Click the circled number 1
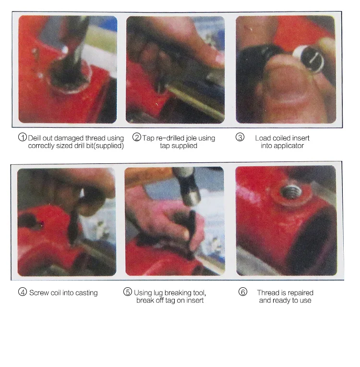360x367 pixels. pos(23,137)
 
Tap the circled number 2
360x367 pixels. pos(137,137)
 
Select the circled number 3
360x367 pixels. pos(240,137)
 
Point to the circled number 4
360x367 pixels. pos(23,292)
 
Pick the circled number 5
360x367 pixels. pos(128,292)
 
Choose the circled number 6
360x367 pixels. pos(243,292)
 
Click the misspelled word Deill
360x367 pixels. pos(35,138)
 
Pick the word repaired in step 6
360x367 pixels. pos(300,293)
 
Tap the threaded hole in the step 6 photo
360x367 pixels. pos(290,191)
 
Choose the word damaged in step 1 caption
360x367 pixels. pos(69,138)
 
